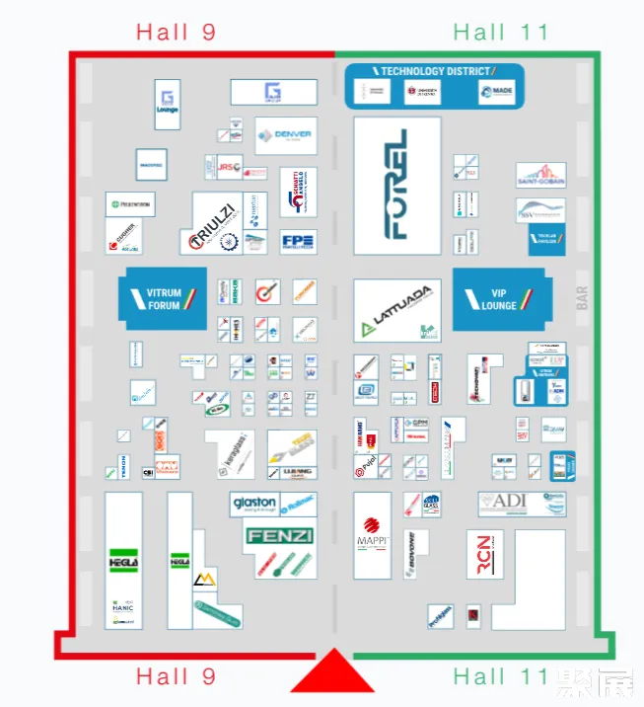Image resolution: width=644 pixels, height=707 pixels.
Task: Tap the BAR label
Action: tap(582, 297)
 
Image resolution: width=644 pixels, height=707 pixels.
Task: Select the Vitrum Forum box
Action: tap(163, 298)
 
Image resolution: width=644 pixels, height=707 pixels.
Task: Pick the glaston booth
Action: tap(254, 505)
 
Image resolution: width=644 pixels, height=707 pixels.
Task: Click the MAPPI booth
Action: tap(372, 533)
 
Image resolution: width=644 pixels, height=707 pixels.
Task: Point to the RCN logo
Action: tap(483, 554)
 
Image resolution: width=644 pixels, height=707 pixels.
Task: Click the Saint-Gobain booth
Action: tap(540, 176)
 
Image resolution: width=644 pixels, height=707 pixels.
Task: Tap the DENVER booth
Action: tap(285, 135)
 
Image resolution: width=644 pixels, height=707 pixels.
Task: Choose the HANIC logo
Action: tap(123, 606)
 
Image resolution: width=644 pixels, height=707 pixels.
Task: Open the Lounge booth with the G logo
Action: tap(168, 104)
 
